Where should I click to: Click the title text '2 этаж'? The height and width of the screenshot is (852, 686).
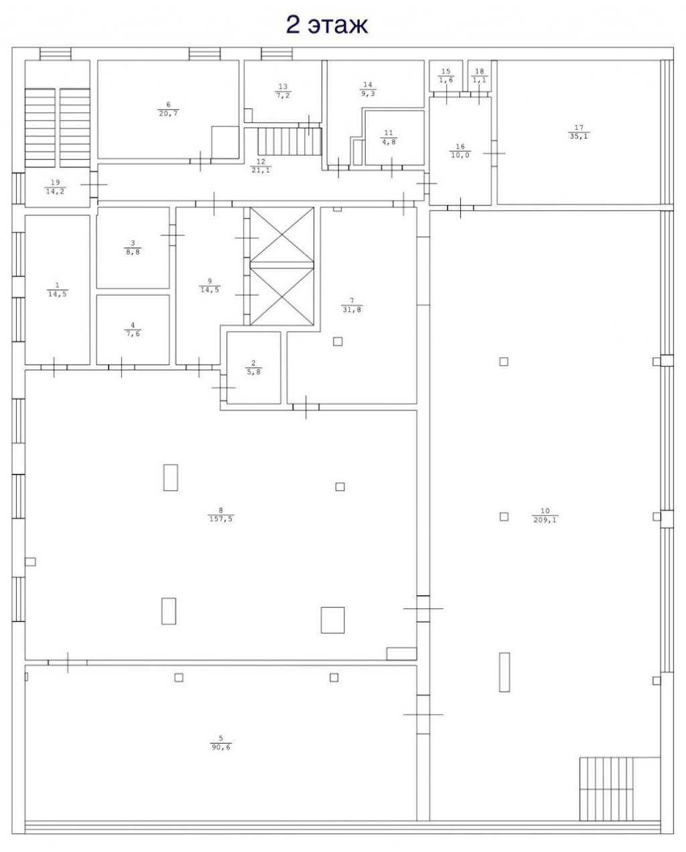327,25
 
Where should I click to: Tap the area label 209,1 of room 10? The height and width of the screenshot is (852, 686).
545,520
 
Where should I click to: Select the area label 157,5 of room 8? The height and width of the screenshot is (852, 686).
221,519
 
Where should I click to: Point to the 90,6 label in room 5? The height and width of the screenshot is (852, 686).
221,747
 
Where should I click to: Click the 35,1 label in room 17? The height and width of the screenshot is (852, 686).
579,136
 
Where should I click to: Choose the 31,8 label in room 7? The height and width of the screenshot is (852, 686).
352,310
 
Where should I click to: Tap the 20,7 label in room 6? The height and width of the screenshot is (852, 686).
168,114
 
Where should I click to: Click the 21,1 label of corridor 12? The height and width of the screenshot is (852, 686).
261,171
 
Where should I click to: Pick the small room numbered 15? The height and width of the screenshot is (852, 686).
446,76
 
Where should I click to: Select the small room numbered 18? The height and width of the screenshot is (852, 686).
479,76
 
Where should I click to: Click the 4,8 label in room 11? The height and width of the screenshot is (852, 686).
389,142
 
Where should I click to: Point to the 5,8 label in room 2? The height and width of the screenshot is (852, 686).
254,372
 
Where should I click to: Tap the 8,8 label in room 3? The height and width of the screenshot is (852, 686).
133,252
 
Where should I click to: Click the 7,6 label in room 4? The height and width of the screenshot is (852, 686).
133,334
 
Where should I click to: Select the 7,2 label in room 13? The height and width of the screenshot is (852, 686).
283,96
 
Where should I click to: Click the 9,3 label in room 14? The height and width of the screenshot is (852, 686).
368,94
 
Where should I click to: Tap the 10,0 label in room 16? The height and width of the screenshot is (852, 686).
460,155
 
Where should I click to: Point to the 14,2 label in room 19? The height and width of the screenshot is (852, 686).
55,191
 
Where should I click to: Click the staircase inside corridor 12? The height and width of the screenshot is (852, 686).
289,141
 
